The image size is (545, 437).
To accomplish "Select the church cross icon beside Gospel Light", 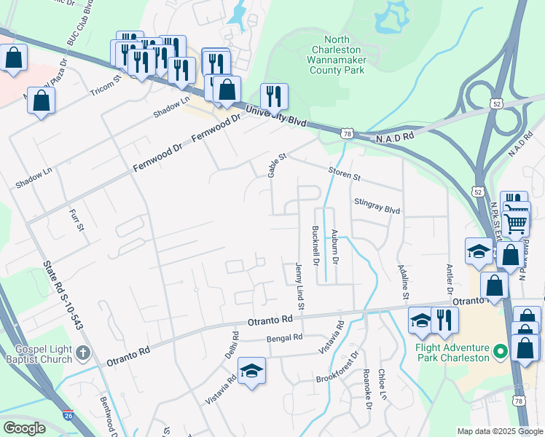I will click(83, 354).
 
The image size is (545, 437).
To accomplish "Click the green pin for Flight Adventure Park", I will click(500, 353).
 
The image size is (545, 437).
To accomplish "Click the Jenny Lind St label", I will click(299, 289).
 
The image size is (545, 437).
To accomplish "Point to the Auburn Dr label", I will click(334, 246).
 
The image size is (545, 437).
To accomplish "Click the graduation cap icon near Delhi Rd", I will click(252, 371).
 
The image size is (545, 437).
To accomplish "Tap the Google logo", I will click(25, 428).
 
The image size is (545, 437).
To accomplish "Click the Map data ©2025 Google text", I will click(499, 431).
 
